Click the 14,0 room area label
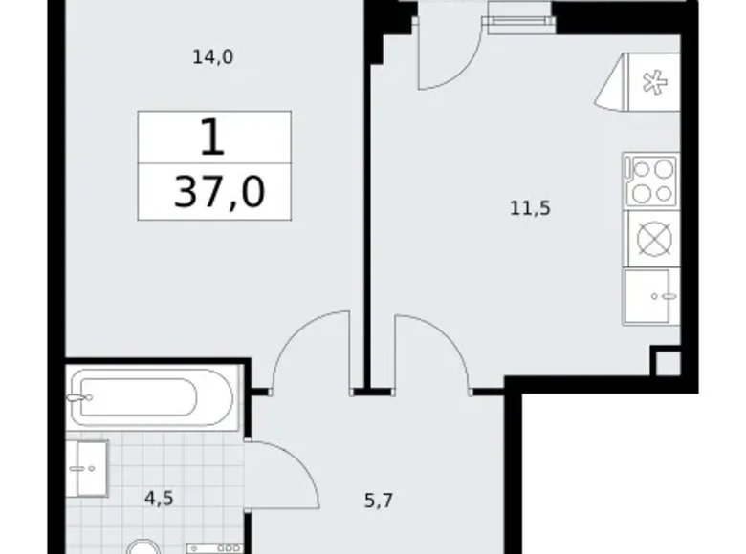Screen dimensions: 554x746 point(213,57)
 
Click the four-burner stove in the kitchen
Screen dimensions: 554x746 point(650,181)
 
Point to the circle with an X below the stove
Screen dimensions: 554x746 point(650,239)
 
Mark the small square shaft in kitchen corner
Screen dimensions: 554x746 point(667,363)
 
